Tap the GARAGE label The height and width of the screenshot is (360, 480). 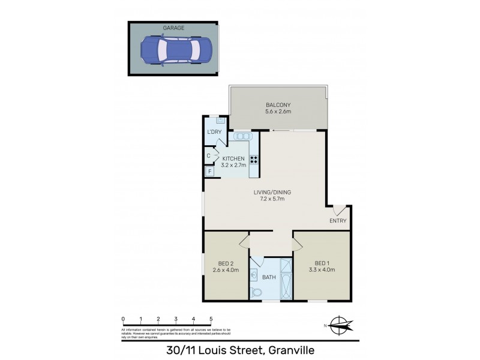pos(173,28)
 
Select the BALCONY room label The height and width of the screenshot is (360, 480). pos(278,103)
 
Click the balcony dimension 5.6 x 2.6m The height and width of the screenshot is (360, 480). pos(278,111)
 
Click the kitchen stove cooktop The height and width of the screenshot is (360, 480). pos(254,160)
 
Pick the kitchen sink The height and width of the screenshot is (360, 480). pos(241,136)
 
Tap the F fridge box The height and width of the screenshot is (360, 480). pos(209,172)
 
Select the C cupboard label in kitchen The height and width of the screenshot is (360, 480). pos(208,156)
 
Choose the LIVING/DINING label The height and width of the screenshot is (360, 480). pos(272,192)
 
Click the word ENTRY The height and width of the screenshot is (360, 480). pos(338,221)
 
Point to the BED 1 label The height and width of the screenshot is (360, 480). pos(322,263)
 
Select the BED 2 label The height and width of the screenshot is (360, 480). pos(226,263)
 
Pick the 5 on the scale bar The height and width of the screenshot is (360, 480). pos(211,319)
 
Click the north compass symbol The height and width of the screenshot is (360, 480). pos(340,326)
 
